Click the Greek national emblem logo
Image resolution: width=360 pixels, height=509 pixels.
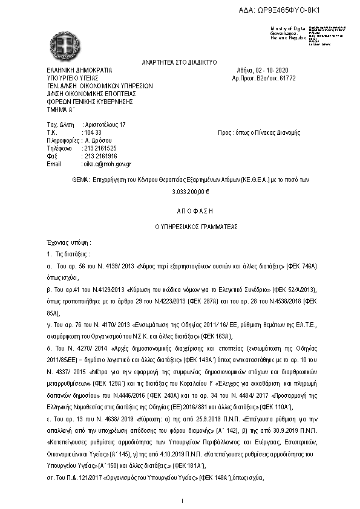point(64,42)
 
